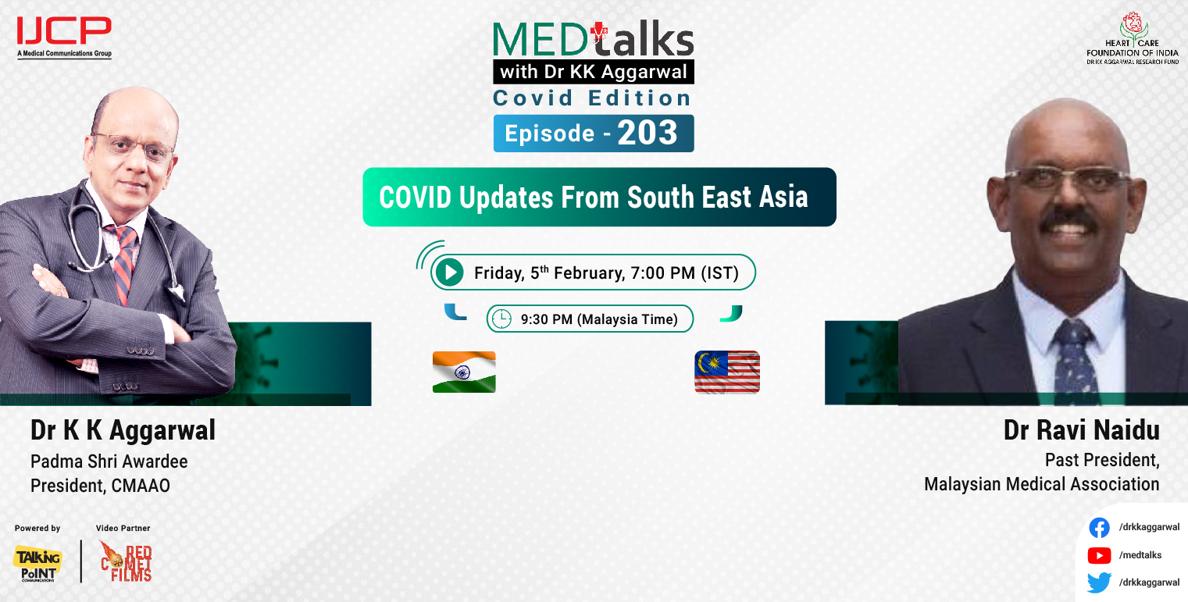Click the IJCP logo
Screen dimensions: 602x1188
pyautogui.click(x=64, y=32)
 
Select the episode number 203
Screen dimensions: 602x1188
pyautogui.click(x=648, y=134)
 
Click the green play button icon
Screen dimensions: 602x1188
pyautogui.click(x=449, y=273)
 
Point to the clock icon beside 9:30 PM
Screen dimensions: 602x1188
pyautogui.click(x=501, y=319)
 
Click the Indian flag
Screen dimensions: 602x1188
pyautogui.click(x=464, y=372)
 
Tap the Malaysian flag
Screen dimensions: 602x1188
pyautogui.click(x=726, y=372)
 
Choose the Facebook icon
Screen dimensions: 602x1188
pyautogui.click(x=1099, y=528)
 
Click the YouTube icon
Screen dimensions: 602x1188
pyautogui.click(x=1099, y=555)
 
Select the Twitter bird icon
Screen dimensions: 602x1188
pyautogui.click(x=1099, y=582)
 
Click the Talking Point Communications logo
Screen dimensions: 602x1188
pyautogui.click(x=37, y=563)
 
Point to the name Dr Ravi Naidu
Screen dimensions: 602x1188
pyautogui.click(x=1081, y=431)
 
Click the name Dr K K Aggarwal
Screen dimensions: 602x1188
pyautogui.click(x=123, y=430)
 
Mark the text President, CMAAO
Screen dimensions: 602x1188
pyautogui.click(x=100, y=486)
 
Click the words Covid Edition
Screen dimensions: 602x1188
pyautogui.click(x=591, y=98)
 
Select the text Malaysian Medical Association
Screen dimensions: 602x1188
pyautogui.click(x=1041, y=484)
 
